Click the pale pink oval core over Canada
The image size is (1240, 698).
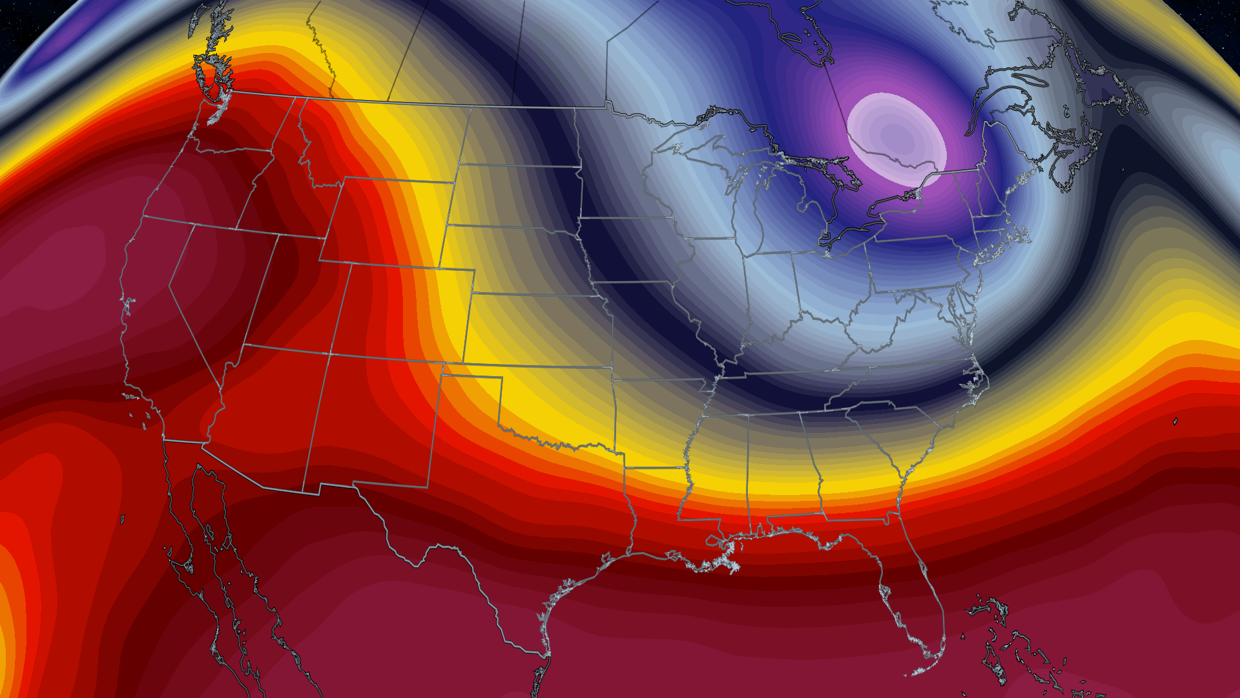(896, 138)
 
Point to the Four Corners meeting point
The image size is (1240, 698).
(330, 354)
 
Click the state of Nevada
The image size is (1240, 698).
(213, 284)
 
